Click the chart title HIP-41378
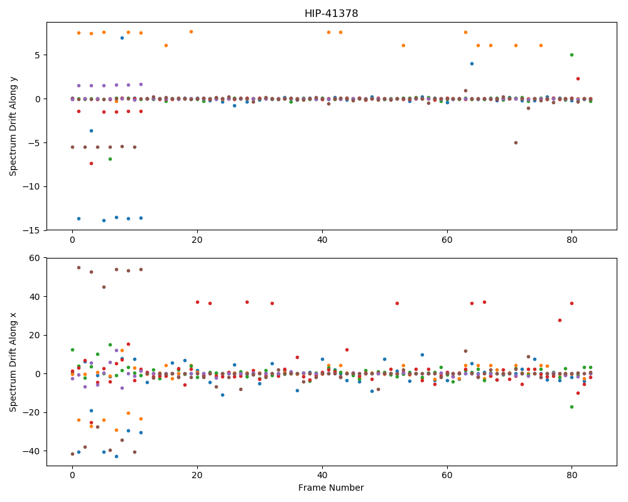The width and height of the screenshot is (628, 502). tap(331, 14)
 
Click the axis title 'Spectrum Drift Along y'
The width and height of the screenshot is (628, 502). tap(13, 126)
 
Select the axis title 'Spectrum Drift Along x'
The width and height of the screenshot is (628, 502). tap(13, 361)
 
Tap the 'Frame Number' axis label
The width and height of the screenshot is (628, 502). tap(331, 488)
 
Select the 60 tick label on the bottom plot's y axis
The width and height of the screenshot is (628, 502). tap(35, 258)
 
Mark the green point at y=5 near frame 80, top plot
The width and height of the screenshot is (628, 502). tap(572, 55)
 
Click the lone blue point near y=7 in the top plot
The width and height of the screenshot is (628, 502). tap(122, 38)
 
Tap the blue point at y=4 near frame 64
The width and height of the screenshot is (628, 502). tap(472, 63)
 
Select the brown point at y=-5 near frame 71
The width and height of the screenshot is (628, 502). tap(516, 143)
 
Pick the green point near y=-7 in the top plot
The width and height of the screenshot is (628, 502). tap(110, 159)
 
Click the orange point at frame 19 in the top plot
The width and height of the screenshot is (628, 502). tap(191, 31)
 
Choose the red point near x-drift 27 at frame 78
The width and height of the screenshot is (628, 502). tap(560, 320)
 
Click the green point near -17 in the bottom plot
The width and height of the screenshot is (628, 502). tap(572, 407)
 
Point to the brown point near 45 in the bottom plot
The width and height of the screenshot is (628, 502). tap(104, 287)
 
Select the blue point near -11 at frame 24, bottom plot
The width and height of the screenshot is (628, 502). tap(223, 395)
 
